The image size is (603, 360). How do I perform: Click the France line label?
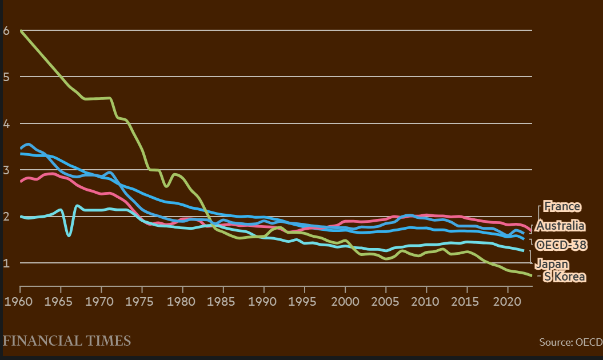pos(562,206)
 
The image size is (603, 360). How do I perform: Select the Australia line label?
pos(560,225)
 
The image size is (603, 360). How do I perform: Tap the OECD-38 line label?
pos(561,245)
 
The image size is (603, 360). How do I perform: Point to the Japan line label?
pos(552,263)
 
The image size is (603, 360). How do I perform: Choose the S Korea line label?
pos(564,277)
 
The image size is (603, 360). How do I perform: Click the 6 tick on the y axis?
pos(6,30)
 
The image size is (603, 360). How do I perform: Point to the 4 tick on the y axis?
pos(6,123)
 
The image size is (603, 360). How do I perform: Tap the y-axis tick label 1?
pos(6,263)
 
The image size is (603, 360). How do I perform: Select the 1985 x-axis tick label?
pos(223,300)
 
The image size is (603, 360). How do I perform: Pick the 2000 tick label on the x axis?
pos(345,300)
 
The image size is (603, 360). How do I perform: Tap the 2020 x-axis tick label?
pos(508,300)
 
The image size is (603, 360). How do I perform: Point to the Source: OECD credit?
pos(570,342)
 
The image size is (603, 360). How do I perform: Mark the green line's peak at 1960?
pos(21,30)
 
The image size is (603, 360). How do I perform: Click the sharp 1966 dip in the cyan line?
pos(69,235)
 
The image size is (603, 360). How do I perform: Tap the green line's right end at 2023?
pos(532,276)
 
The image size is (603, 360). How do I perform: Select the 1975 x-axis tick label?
pos(142,300)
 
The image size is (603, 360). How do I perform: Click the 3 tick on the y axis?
pos(6,170)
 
